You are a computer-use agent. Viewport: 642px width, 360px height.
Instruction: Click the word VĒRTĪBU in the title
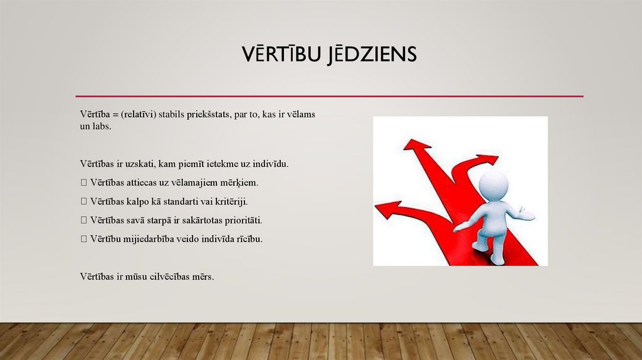point(280,54)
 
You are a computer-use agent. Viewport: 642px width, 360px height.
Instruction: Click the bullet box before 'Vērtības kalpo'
point(83,202)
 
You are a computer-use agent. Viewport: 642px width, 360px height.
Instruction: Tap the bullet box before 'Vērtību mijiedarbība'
point(83,240)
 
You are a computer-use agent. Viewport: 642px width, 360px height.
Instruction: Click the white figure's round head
point(493,186)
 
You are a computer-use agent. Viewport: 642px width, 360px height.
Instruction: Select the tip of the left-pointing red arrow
point(377,209)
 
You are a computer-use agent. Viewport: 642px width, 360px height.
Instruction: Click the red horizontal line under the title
point(329,96)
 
